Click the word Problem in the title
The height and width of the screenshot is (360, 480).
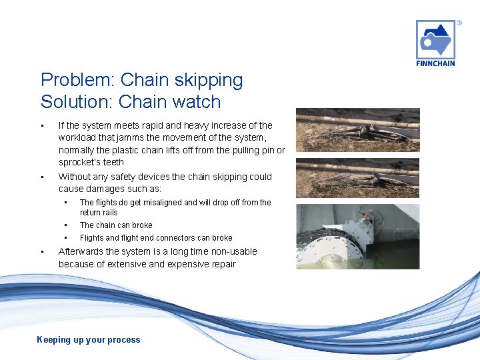74,80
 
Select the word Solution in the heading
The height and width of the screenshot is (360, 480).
72,102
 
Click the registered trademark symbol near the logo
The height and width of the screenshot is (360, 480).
459,23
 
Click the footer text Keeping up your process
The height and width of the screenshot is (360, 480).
89,340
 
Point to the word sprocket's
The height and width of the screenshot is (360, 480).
81,162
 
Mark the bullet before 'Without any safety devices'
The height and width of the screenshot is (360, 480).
41,177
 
